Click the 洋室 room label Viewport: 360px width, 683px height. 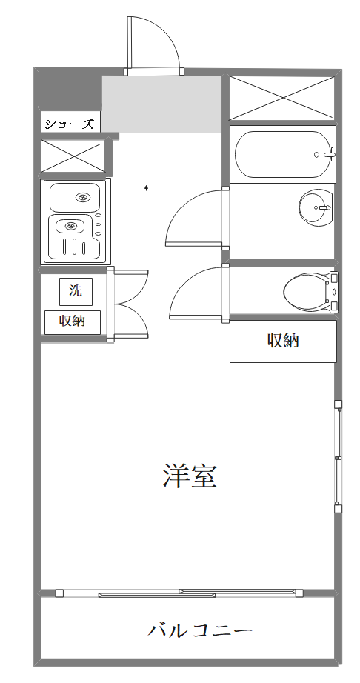coord(190,476)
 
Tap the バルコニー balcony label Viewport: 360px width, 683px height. coord(200,630)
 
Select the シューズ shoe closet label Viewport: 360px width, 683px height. coord(70,124)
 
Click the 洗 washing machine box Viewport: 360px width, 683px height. coord(76,291)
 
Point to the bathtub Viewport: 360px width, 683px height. coord(283,154)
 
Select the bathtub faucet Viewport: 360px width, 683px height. coord(329,154)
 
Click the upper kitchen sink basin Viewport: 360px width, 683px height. coord(75,197)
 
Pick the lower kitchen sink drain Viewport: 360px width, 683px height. coord(70,226)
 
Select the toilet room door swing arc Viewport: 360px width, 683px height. coord(187,283)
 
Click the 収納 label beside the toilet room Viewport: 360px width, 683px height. coord(283,340)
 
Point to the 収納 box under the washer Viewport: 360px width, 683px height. coord(73,322)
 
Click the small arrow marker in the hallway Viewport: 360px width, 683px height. coord(147,187)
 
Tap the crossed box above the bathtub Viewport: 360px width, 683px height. coord(282,98)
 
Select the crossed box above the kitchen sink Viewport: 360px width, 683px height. coord(73,156)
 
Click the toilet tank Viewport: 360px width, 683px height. coord(334,291)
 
